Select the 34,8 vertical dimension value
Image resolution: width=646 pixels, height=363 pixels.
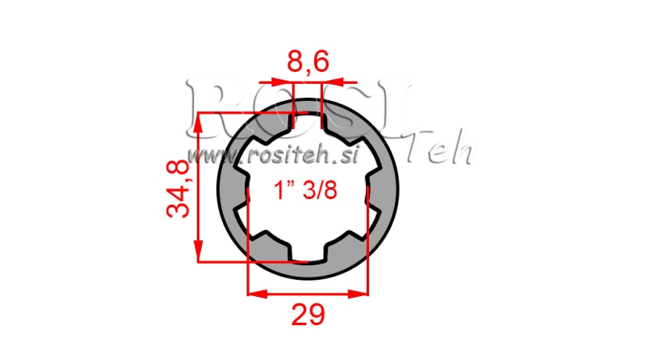click(x=178, y=188)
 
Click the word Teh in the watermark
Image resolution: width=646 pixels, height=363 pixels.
click(x=441, y=151)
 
